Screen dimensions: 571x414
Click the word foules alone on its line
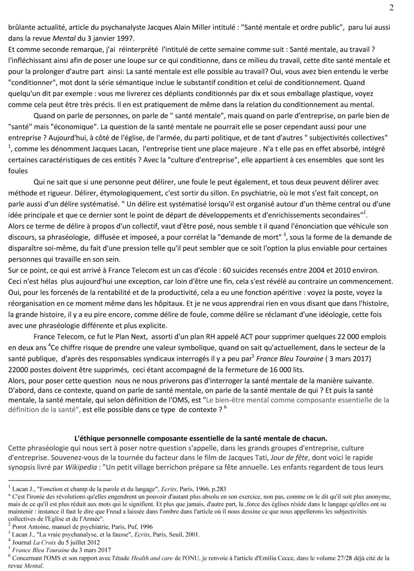[x=18, y=171]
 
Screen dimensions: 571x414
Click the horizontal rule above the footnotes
[x=60, y=480]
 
